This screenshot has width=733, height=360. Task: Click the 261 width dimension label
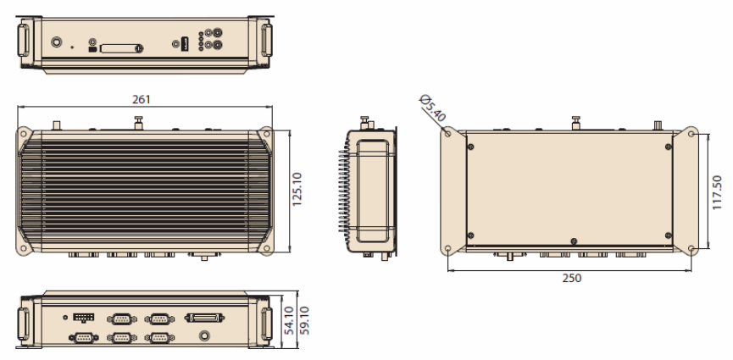pyautogui.click(x=142, y=100)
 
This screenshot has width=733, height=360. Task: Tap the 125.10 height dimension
pyautogui.click(x=297, y=190)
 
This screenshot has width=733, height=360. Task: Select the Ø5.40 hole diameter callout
pyautogui.click(x=433, y=108)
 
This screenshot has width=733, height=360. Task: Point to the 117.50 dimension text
pyautogui.click(x=717, y=192)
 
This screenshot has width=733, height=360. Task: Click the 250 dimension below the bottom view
pyautogui.click(x=572, y=278)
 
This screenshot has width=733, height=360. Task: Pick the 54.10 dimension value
pyautogui.click(x=289, y=320)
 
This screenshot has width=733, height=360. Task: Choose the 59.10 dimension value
pyautogui.click(x=304, y=320)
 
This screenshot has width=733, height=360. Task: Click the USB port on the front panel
pyautogui.click(x=185, y=44)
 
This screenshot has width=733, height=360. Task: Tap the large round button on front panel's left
pyautogui.click(x=57, y=42)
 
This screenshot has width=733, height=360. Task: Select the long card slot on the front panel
pyautogui.click(x=120, y=48)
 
